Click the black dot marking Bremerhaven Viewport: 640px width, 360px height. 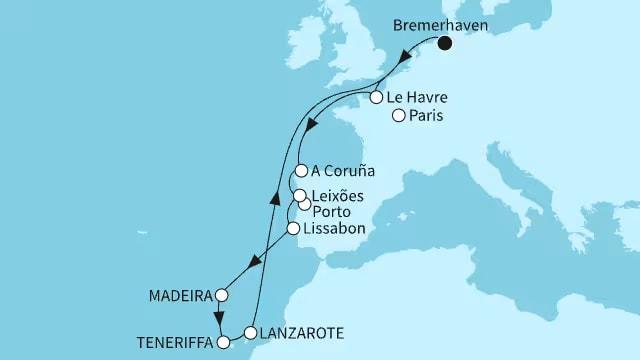(444, 42)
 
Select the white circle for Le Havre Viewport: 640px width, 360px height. (376, 98)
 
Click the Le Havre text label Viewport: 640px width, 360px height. (419, 98)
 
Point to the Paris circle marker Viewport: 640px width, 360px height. (398, 117)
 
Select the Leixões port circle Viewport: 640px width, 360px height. (298, 194)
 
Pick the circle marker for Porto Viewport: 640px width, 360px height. (304, 205)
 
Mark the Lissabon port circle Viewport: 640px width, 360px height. (293, 229)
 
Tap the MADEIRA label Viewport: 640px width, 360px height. (184, 296)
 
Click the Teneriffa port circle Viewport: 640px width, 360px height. (223, 342)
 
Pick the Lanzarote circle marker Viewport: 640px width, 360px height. (250, 331)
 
